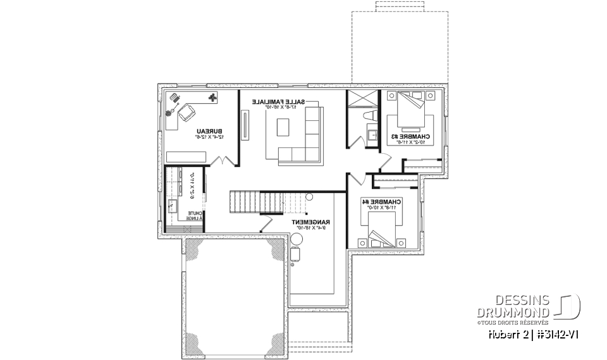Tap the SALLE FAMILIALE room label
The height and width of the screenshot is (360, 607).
coord(279,102)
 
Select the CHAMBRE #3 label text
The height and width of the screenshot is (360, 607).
coord(411,137)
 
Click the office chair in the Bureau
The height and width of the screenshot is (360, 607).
coord(187,114)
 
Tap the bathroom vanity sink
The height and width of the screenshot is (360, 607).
coord(372,133)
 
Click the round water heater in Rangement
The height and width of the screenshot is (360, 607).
coord(297,240)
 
